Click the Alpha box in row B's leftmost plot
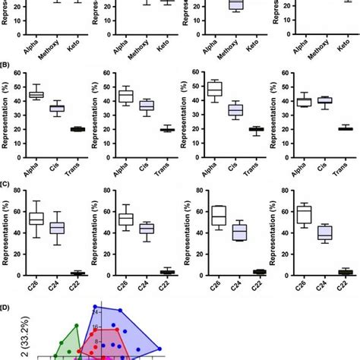[x=36, y=95]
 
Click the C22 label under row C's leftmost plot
[x=78, y=285]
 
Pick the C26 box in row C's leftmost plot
[x=36, y=218]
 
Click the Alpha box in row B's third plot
[x=215, y=88]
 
